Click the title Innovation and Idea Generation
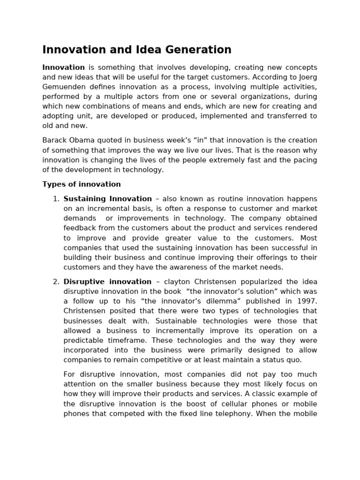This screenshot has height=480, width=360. (x=137, y=50)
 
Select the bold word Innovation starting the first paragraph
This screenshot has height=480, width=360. (x=64, y=67)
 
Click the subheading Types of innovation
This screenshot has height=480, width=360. (x=82, y=184)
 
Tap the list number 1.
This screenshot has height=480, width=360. (x=56, y=199)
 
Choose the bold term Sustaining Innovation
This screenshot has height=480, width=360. (x=108, y=199)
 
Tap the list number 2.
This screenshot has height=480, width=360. (x=56, y=282)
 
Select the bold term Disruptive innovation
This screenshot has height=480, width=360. (x=107, y=282)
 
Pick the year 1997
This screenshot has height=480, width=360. (x=307, y=301)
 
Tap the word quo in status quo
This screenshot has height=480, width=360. (x=295, y=360)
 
